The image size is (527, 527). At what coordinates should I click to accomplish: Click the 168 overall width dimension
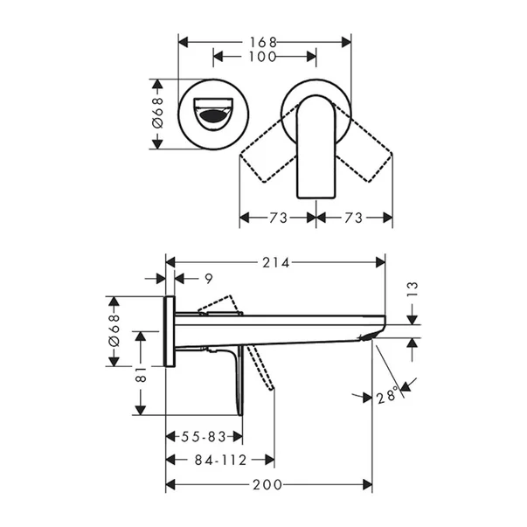coord(266,41)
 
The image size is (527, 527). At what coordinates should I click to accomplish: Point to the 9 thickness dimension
coord(207,279)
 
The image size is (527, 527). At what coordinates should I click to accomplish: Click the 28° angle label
coord(387,395)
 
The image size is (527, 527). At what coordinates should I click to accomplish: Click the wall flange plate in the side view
coord(170,331)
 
